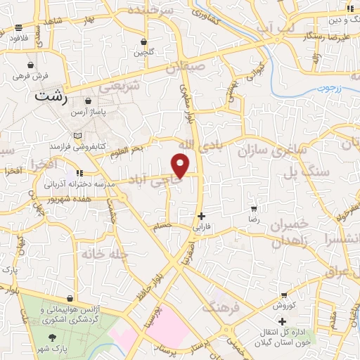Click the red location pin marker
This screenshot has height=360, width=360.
pyautogui.click(x=181, y=165)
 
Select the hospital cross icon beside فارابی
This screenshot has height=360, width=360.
pyautogui.click(x=202, y=216)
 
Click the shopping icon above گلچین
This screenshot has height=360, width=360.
pyautogui.click(x=143, y=41)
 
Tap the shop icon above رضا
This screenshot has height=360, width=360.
pyautogui.click(x=253, y=209)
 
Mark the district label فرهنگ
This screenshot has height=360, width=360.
pyautogui.click(x=220, y=307)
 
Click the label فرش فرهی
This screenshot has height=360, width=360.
pyautogui.click(x=32, y=75)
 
